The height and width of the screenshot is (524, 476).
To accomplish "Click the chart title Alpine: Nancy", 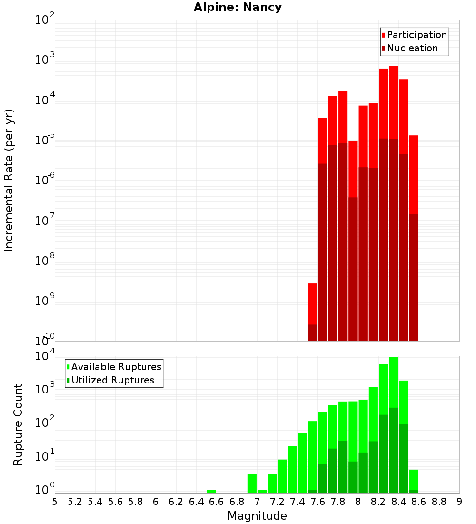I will (238, 7).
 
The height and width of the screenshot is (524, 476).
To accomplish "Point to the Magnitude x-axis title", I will (257, 515).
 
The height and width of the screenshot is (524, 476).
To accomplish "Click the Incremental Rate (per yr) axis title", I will (9, 180).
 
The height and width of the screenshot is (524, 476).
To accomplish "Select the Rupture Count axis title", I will (18, 424).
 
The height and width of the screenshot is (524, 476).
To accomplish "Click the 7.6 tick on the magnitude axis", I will (317, 501).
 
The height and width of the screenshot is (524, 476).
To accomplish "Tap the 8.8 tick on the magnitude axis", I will (439, 501).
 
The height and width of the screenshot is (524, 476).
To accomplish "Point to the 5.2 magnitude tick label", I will (75, 501).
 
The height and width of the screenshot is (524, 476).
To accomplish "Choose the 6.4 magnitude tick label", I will (196, 501).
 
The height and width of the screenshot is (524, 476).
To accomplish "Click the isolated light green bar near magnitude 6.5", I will (211, 491).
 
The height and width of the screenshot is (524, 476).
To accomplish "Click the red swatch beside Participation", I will (383, 35).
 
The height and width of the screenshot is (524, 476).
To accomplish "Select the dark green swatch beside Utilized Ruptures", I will (68, 380).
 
